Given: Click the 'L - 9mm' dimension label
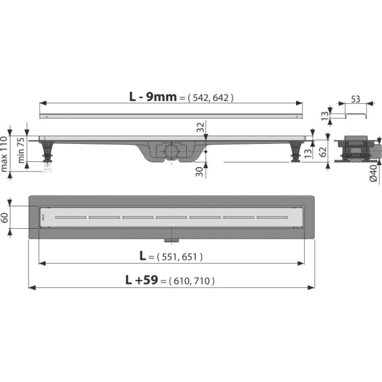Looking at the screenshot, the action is click(x=153, y=97).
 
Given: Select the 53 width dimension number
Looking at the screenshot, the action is click(x=355, y=99).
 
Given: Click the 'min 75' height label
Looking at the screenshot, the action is click(x=21, y=150).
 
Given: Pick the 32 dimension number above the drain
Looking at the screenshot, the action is click(x=201, y=127).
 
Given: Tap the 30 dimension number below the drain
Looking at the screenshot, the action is click(x=199, y=172).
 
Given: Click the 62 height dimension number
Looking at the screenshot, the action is click(x=323, y=151).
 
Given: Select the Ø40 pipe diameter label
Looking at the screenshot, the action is click(x=373, y=172).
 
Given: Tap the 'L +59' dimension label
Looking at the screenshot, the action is click(x=142, y=280).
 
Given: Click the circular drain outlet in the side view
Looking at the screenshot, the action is click(x=171, y=151).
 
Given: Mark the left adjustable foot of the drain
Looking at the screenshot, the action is click(x=47, y=151).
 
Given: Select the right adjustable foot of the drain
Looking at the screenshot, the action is click(x=296, y=152).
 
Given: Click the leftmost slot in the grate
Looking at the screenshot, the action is click(x=71, y=218).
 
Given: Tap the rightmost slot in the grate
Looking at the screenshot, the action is click(x=272, y=218).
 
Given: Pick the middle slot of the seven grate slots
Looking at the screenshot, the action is click(x=171, y=218).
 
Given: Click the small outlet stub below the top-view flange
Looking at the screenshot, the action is click(x=171, y=241).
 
